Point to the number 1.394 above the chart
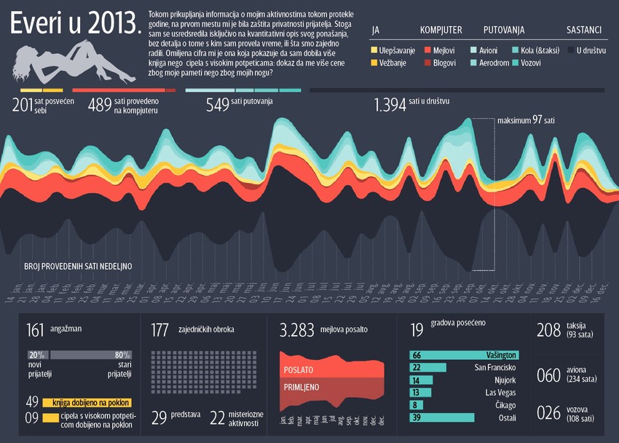coord(389,105)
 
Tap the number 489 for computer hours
coord(99,105)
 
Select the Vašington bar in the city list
coord(464,355)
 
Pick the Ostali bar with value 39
coord(442,417)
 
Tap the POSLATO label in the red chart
coord(299,369)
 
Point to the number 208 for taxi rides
coord(548,330)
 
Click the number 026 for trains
coord(548,414)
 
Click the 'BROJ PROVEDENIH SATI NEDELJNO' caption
coord(77,267)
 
